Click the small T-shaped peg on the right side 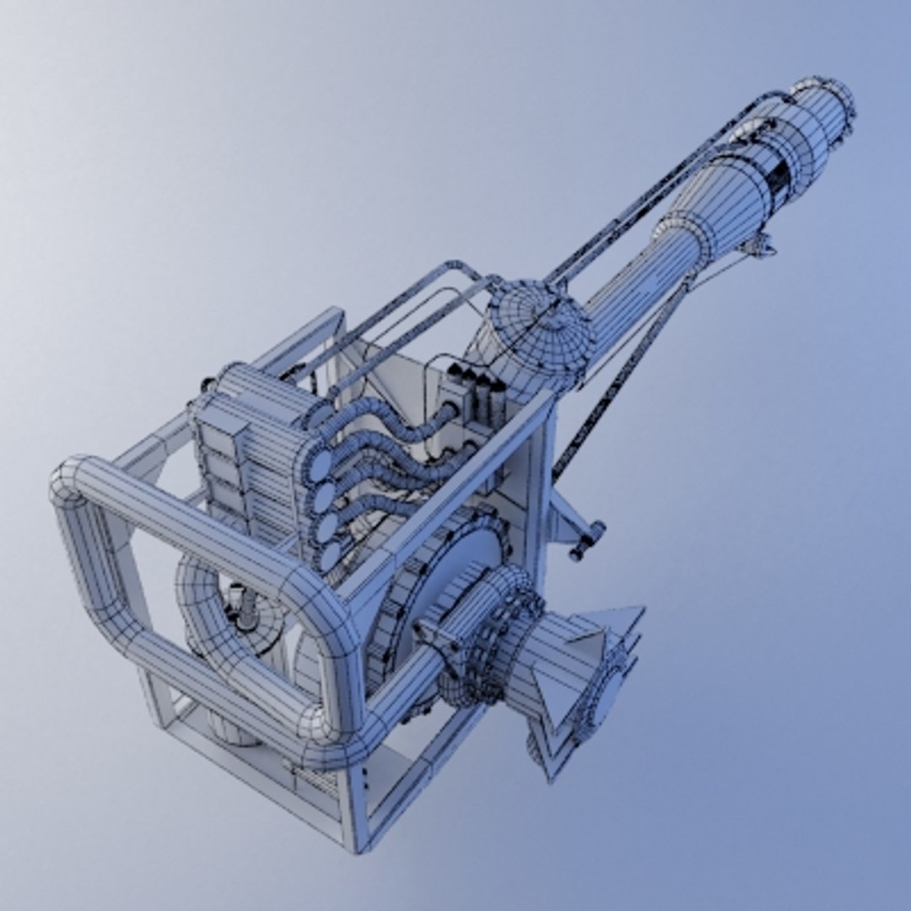(x=587, y=541)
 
